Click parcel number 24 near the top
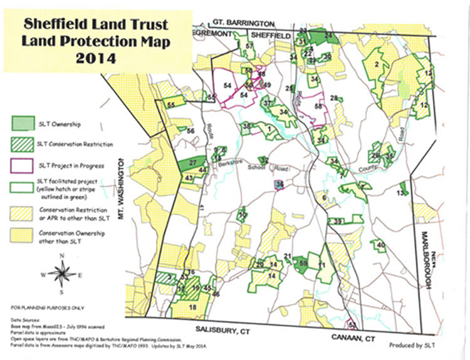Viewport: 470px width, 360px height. pyautogui.click(x=328, y=36)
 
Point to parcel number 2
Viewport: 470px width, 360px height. pyautogui.click(x=377, y=64)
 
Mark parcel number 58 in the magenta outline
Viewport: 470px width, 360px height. pyautogui.click(x=318, y=107)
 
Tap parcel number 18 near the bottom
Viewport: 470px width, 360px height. pyautogui.click(x=192, y=307)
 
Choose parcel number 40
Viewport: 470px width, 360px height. pyautogui.click(x=380, y=245)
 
